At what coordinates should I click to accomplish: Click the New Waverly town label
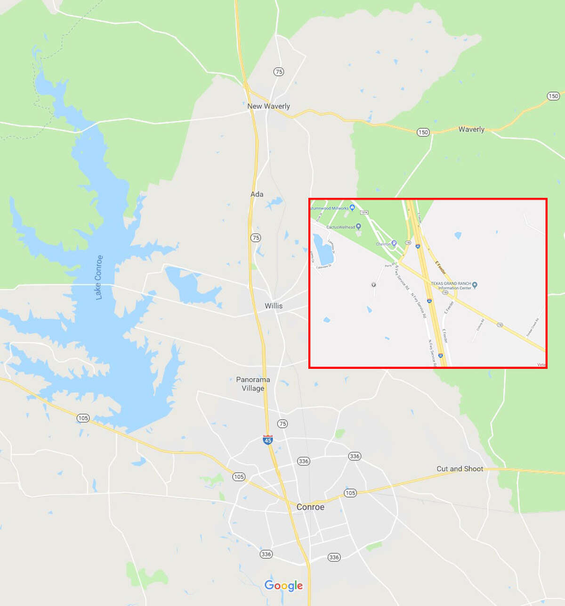pyautogui.click(x=268, y=106)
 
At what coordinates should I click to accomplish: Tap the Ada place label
pyautogui.click(x=257, y=194)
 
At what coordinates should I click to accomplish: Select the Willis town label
pyautogui.click(x=274, y=306)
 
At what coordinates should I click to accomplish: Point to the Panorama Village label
pyautogui.click(x=253, y=384)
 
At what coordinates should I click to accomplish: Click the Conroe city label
pyautogui.click(x=310, y=507)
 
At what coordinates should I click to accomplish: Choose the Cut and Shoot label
pyautogui.click(x=460, y=468)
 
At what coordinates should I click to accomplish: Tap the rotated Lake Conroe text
pyautogui.click(x=99, y=277)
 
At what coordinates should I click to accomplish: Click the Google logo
pyautogui.click(x=283, y=586)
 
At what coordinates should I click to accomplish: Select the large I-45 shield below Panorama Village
pyautogui.click(x=267, y=440)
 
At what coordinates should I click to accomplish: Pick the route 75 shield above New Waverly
pyautogui.click(x=279, y=72)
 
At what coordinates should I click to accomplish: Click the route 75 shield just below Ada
pyautogui.click(x=256, y=238)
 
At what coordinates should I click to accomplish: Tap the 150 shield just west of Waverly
pyautogui.click(x=423, y=132)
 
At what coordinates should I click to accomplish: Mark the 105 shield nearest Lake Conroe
pyautogui.click(x=83, y=418)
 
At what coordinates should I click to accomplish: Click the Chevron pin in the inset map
pyautogui.click(x=395, y=243)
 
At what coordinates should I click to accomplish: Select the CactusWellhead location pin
pyautogui.click(x=359, y=227)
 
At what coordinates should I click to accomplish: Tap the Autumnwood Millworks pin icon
pyautogui.click(x=352, y=208)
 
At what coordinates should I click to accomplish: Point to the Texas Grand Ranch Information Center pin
pyautogui.click(x=475, y=285)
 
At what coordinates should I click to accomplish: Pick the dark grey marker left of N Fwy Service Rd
pyautogui.click(x=373, y=285)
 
